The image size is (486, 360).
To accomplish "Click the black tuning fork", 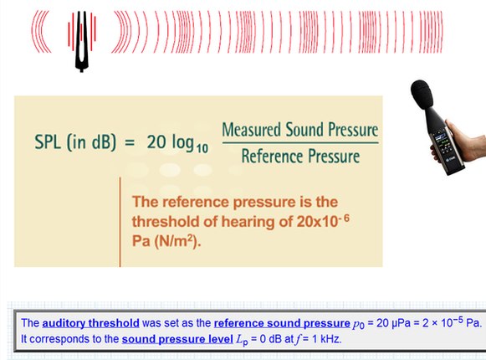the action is pyautogui.click(x=82, y=49).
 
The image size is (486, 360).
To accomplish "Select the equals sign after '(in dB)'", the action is pyautogui.click(x=130, y=143).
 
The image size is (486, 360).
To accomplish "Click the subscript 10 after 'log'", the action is pyautogui.click(x=202, y=149).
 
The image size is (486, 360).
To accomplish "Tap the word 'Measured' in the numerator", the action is pyautogui.click(x=252, y=130).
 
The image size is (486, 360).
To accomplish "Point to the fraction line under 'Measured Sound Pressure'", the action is pyautogui.click(x=300, y=143).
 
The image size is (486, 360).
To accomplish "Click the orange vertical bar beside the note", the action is pyautogui.click(x=120, y=222).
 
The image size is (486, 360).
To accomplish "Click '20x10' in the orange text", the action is pyautogui.click(x=317, y=221).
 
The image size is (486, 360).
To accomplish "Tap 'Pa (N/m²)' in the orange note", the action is pyautogui.click(x=166, y=241).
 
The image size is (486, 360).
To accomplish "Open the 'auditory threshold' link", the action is pyautogui.click(x=91, y=323).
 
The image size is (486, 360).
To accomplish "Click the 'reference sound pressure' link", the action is pyautogui.click(x=282, y=323).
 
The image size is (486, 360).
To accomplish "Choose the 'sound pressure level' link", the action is pyautogui.click(x=177, y=339).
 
